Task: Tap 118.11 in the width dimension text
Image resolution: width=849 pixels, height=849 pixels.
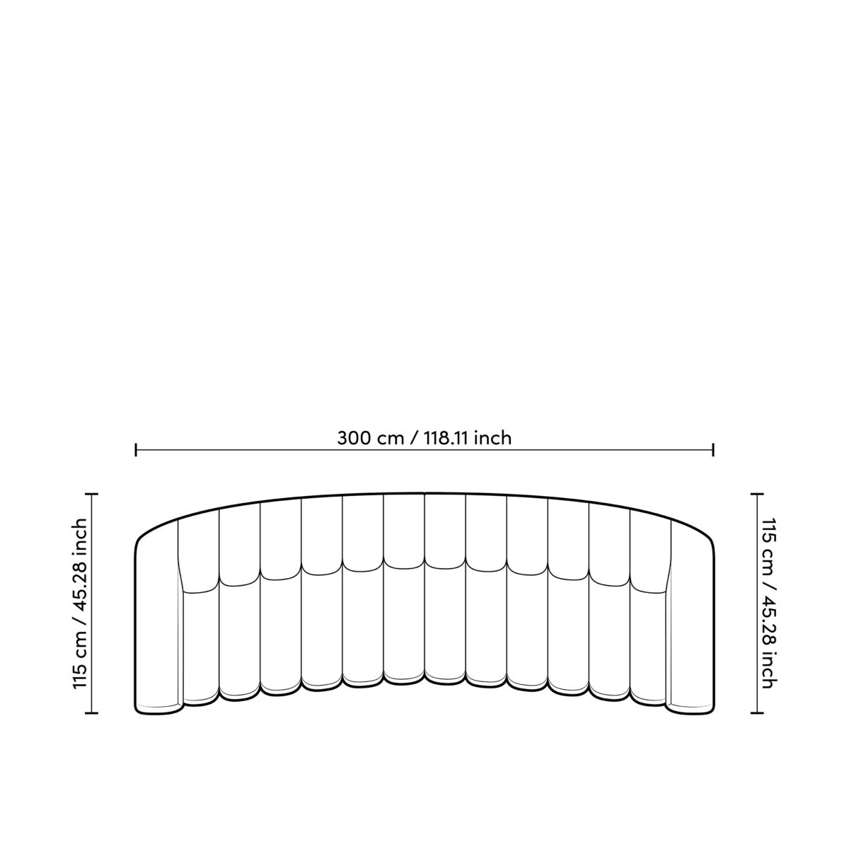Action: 446,439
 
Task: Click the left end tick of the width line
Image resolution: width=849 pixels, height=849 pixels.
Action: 136,450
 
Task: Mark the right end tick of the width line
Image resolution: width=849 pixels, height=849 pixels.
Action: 712,450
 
